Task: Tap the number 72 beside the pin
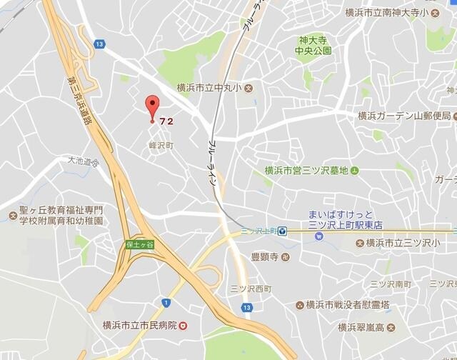pyautogui.click(x=166, y=121)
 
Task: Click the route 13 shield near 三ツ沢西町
pyautogui.click(x=246, y=307)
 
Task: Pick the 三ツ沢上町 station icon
pyautogui.click(x=283, y=231)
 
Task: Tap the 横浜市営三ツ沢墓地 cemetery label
pyautogui.click(x=307, y=170)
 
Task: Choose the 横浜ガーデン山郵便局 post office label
pyautogui.click(x=404, y=116)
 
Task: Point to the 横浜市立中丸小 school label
pyautogui.click(x=210, y=88)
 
